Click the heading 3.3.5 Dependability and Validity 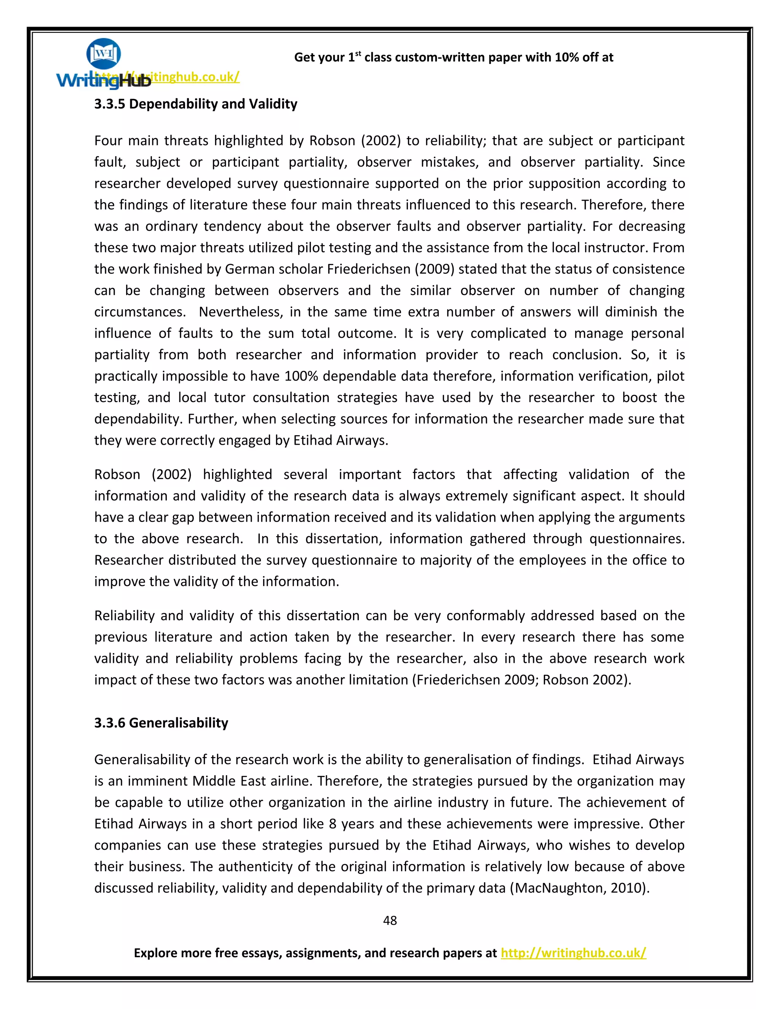195,104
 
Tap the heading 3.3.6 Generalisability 161,723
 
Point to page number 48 390,920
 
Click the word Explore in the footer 155,953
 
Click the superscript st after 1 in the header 358,54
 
